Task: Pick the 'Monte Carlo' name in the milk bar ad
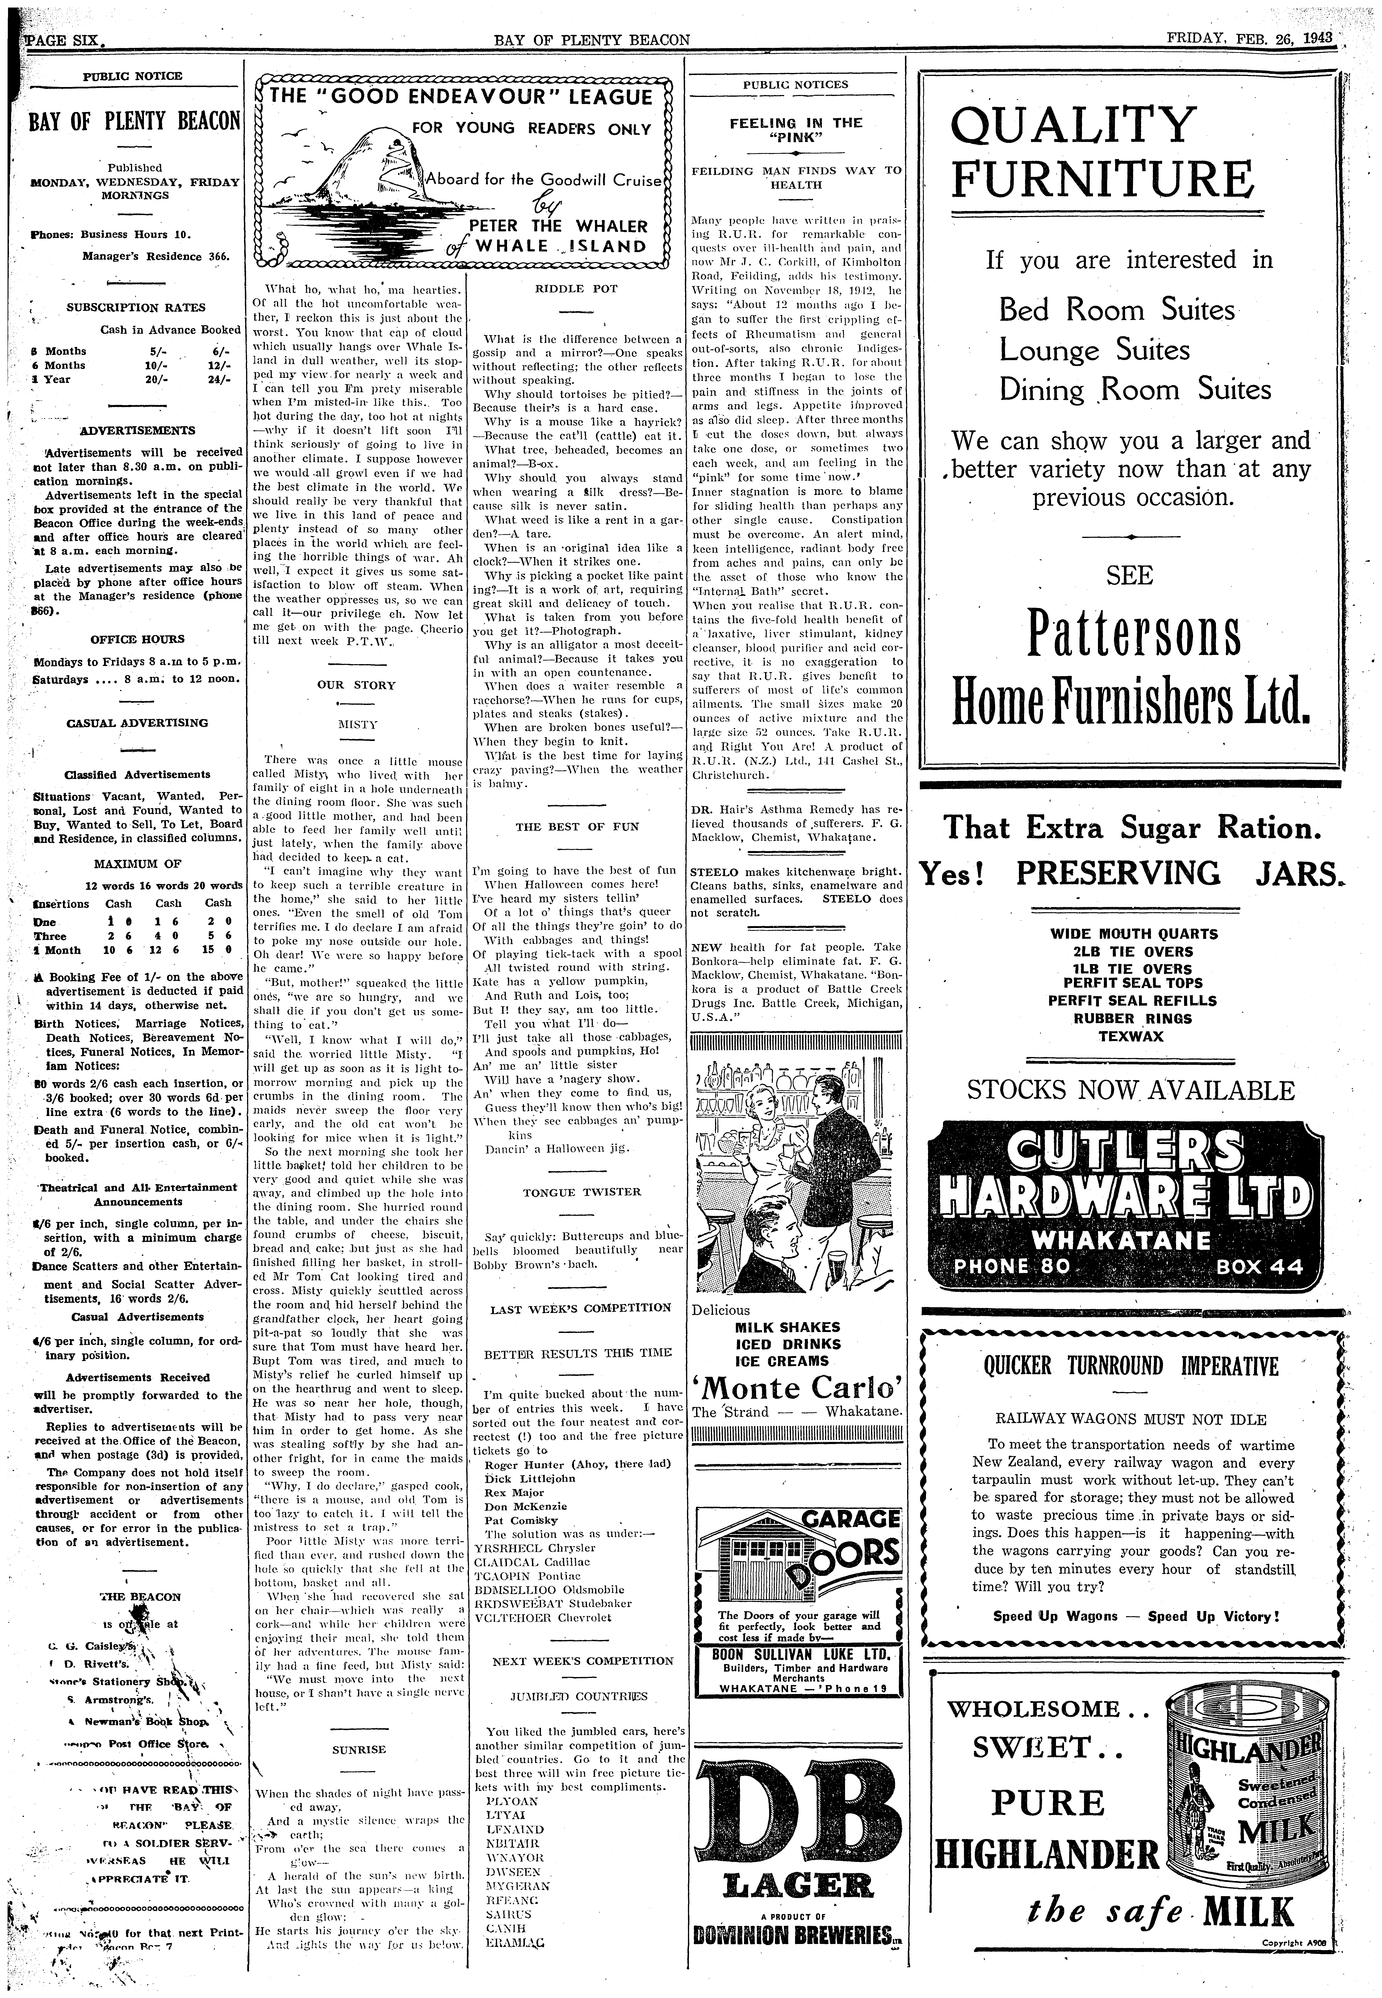pyautogui.click(x=797, y=1388)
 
